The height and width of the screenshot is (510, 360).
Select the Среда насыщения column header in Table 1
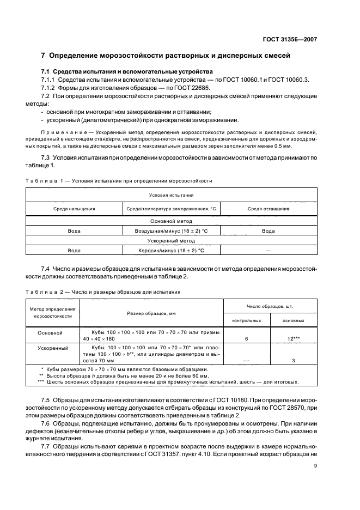(74, 209)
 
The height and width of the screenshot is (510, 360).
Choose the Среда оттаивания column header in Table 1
(268, 209)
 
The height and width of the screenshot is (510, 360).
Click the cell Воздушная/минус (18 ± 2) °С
(171, 231)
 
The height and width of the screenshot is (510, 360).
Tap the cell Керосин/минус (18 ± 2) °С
(171, 250)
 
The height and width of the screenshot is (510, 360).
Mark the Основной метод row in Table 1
(172, 221)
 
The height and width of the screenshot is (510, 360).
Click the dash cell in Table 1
(268, 250)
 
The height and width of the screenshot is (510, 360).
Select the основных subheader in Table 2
(293, 320)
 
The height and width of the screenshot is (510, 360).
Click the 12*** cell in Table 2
(293, 339)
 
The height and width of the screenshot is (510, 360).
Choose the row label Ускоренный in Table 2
(52, 347)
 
